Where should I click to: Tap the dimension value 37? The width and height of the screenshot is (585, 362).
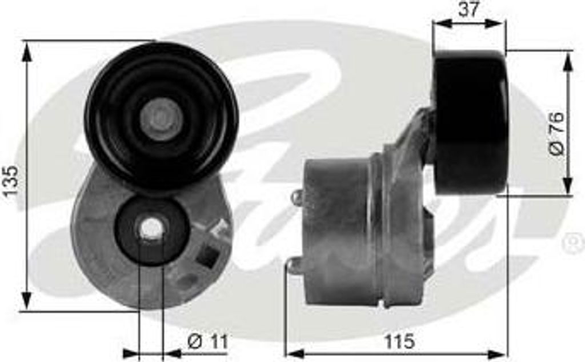(x=468, y=9)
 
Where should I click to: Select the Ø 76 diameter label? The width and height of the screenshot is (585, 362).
(x=556, y=133)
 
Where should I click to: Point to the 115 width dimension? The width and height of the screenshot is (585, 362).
(x=398, y=341)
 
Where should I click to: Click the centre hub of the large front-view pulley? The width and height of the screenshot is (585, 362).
(x=161, y=119)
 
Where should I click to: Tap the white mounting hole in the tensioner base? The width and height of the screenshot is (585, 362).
(x=151, y=229)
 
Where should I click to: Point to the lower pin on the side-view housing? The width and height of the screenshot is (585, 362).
(x=293, y=264)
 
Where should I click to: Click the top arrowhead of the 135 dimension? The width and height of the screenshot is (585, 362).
(x=26, y=50)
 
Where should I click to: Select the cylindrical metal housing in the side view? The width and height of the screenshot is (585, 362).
(x=337, y=232)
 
